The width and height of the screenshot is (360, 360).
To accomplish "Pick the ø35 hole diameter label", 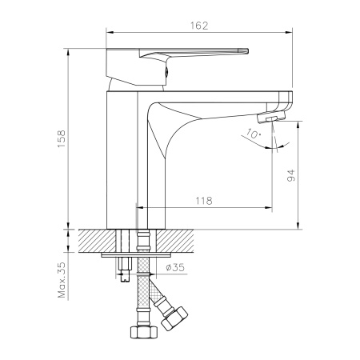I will (x=175, y=267).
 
